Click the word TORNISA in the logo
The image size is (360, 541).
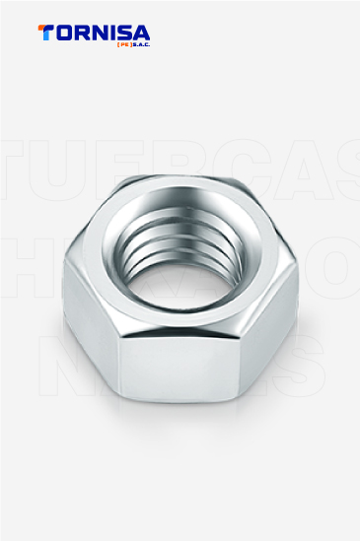tap(94, 32)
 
